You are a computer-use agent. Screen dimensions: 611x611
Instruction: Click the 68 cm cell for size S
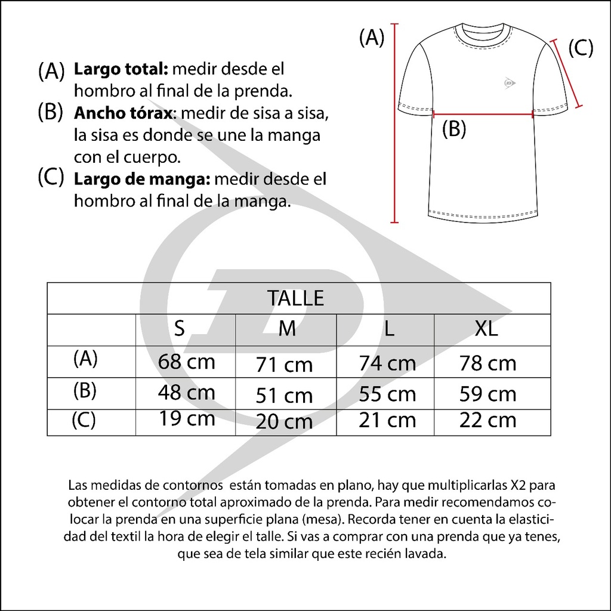point(186,362)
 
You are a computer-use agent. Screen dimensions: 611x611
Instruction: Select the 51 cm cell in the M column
point(285,395)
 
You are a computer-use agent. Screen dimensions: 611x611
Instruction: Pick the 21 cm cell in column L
point(387,419)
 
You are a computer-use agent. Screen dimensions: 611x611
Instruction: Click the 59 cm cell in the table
point(487,394)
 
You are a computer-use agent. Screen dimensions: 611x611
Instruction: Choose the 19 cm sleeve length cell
point(187,418)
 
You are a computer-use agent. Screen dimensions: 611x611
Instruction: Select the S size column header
point(179,329)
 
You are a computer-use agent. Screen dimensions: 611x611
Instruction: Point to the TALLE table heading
point(296,298)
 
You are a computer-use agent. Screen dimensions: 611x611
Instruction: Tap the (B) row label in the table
point(84,390)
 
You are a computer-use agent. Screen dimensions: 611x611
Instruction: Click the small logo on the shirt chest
point(508,84)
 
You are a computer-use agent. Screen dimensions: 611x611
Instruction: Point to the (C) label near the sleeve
point(580,48)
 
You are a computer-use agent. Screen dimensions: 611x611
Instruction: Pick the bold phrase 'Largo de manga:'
point(141,179)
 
